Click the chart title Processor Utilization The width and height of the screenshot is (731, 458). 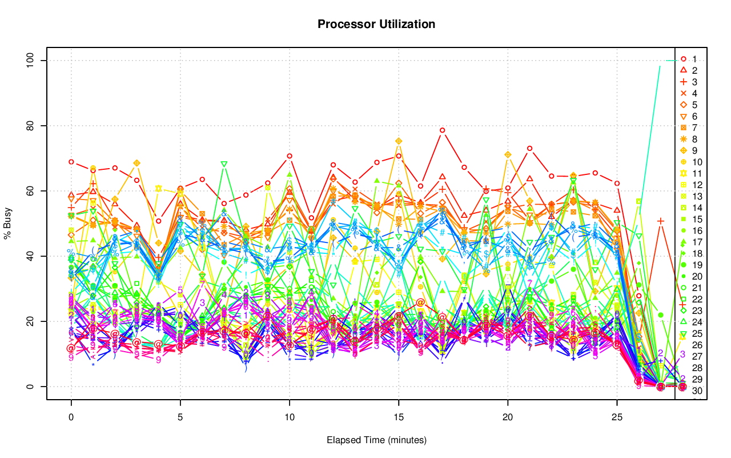376,24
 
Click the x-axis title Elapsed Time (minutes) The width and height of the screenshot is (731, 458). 376,440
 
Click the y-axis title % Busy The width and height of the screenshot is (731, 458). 8,224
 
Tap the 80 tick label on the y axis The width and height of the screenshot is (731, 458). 32,126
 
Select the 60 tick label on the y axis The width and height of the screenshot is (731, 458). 32,191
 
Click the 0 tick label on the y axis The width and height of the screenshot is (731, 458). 32,387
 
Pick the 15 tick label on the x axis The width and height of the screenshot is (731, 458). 399,417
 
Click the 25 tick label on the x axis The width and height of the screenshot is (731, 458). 617,417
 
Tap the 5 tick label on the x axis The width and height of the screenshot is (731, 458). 180,417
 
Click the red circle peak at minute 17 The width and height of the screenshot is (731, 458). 443,130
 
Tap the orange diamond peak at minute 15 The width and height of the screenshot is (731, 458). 399,141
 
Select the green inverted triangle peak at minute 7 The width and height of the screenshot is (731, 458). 224,164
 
